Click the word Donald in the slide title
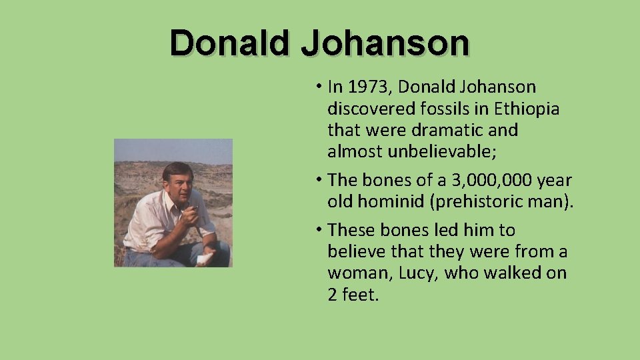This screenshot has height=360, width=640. click(x=230, y=43)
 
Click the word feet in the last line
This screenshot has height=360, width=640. click(x=359, y=294)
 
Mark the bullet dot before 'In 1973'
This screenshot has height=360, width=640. click(x=319, y=87)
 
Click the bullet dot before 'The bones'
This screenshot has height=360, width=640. click(x=319, y=180)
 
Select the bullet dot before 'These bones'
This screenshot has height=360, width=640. click(x=319, y=230)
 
